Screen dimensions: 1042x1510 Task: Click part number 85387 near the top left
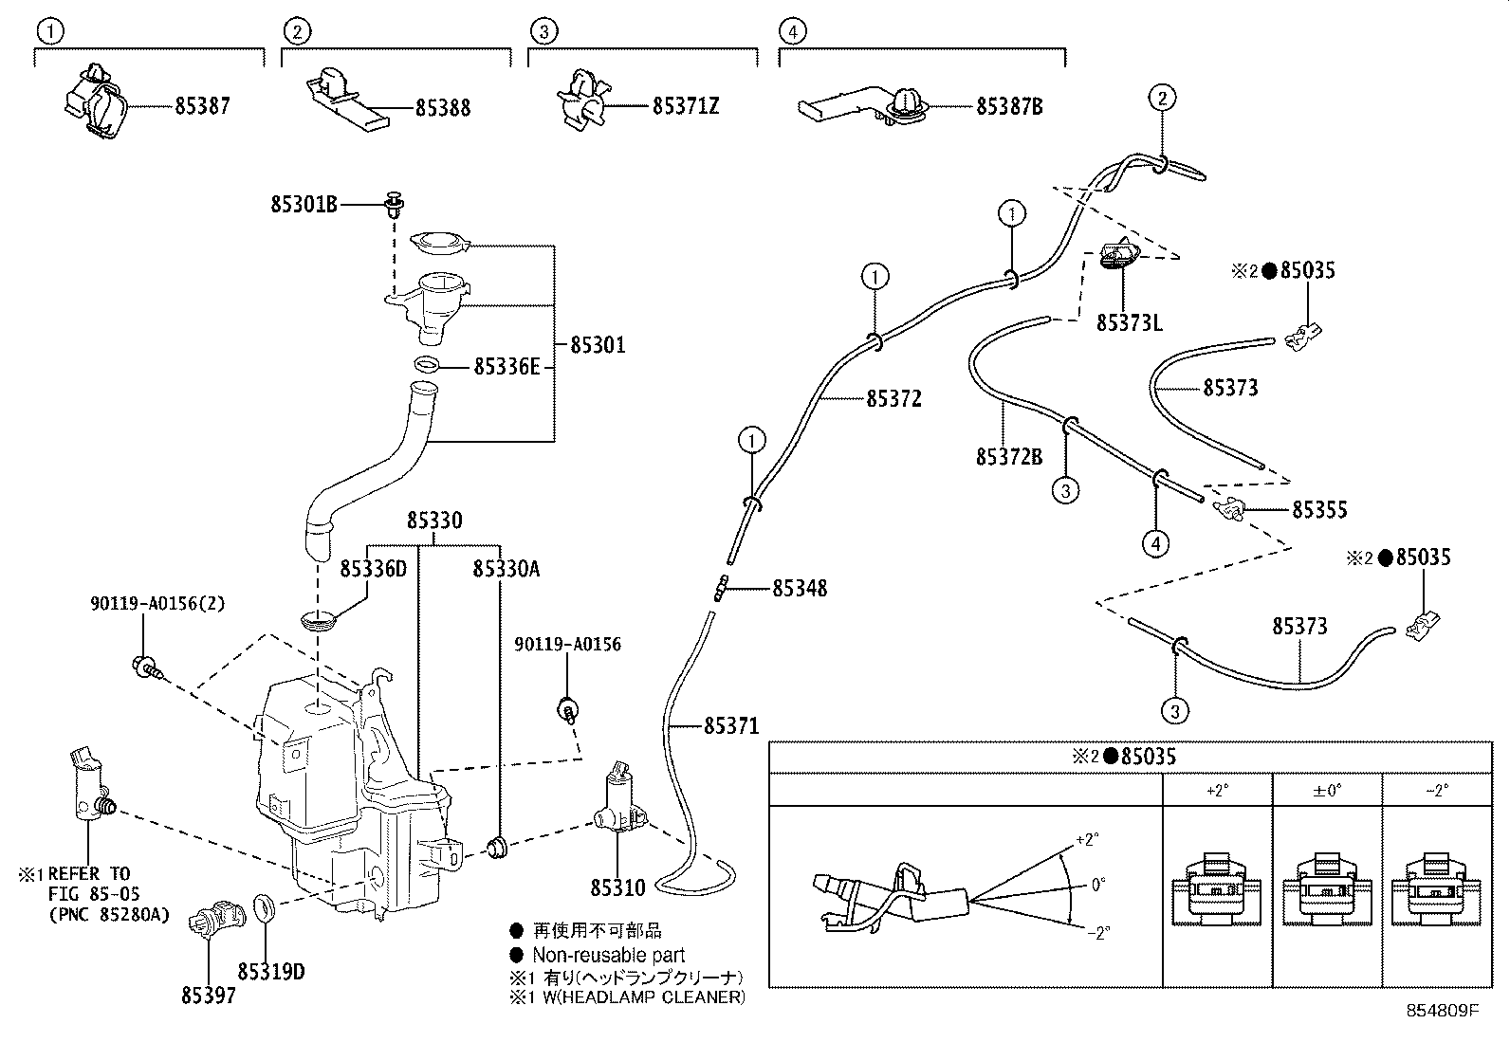tap(202, 106)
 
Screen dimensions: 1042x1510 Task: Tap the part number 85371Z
tap(685, 106)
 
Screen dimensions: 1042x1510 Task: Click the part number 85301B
tap(304, 204)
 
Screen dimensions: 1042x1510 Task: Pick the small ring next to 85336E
tap(428, 365)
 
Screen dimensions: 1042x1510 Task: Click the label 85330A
tap(506, 568)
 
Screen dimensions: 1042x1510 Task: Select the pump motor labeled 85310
tap(618, 801)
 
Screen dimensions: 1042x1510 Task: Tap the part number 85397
tap(209, 995)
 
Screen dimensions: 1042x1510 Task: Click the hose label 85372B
tap(1008, 458)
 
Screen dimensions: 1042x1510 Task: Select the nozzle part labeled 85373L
tap(1121, 255)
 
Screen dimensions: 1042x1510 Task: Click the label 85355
tap(1318, 510)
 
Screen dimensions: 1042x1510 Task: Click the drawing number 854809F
tap(1442, 1012)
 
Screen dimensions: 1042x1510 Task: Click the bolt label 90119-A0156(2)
tap(158, 602)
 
